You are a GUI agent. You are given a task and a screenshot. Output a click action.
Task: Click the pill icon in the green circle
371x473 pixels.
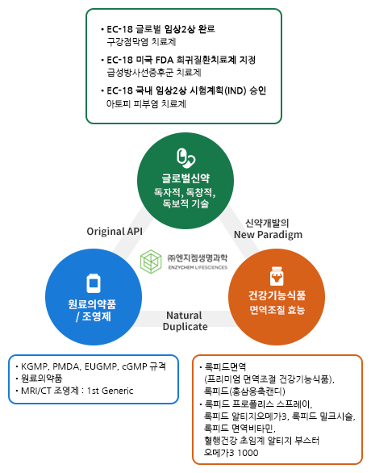tap(185, 157)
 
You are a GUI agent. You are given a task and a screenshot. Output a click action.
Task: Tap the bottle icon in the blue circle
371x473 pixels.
tap(94, 283)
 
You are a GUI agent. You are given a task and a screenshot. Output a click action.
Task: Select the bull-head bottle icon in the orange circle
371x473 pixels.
tap(277, 276)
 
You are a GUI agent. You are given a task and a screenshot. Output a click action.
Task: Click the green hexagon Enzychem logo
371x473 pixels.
tap(151, 262)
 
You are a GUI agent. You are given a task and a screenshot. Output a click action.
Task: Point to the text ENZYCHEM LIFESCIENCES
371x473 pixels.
tap(198, 267)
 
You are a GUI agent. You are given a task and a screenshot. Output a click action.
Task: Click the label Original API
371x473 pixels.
tap(115, 232)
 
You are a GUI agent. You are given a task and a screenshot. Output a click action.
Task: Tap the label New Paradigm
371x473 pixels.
tap(268, 235)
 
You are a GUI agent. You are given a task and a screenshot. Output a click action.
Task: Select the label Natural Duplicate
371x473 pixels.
tap(185, 321)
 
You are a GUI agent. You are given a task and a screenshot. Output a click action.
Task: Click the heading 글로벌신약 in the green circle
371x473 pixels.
tap(185, 178)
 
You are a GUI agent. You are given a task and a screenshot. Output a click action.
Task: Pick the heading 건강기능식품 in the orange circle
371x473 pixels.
tap(277, 295)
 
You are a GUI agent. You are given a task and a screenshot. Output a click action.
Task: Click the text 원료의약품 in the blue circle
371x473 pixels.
tap(92, 304)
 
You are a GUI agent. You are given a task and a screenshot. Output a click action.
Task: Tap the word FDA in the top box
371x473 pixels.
tap(165, 60)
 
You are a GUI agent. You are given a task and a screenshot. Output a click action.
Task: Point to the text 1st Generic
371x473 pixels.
tap(110, 391)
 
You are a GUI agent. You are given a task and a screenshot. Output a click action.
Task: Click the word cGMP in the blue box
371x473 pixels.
tap(135, 366)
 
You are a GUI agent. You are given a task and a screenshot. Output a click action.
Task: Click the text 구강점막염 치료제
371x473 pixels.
tap(141, 42)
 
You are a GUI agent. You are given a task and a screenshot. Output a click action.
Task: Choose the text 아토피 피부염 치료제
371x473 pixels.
tap(146, 104)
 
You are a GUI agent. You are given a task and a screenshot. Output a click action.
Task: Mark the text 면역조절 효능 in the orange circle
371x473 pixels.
tap(277, 310)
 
